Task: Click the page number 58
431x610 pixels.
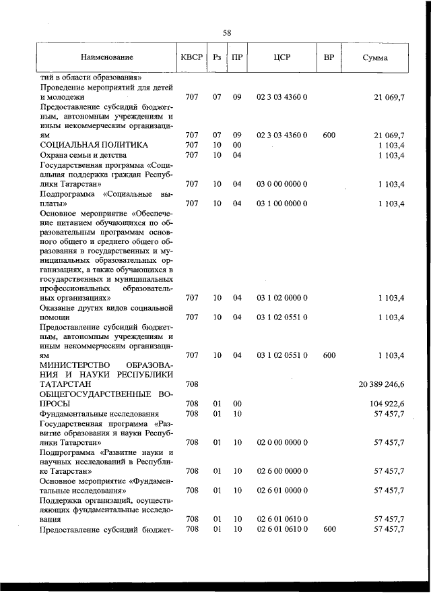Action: pyautogui.click(x=227, y=32)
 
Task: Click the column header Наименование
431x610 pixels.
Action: pyautogui.click(x=106, y=58)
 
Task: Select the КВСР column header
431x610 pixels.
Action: pyautogui.click(x=191, y=58)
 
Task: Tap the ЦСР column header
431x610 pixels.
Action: pyautogui.click(x=282, y=58)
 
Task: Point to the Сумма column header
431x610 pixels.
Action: pyautogui.click(x=374, y=58)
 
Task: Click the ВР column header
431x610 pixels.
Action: pyautogui.click(x=329, y=58)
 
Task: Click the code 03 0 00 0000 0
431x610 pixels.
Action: pyautogui.click(x=282, y=183)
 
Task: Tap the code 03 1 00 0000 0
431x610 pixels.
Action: pyautogui.click(x=282, y=203)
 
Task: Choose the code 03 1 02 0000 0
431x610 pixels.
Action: pyautogui.click(x=282, y=297)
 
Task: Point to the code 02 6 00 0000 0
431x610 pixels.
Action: pyautogui.click(x=282, y=471)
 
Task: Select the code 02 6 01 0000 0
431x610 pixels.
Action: pyautogui.click(x=282, y=491)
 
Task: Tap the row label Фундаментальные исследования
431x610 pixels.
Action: pyautogui.click(x=99, y=413)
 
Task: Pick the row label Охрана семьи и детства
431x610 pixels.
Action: pyautogui.click(x=82, y=155)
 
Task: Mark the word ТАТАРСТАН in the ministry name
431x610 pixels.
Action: pyautogui.click(x=65, y=384)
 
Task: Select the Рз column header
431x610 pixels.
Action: pyautogui.click(x=217, y=58)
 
